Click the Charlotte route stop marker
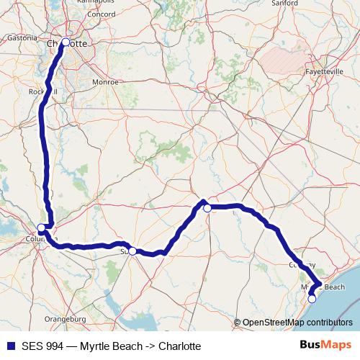[66, 42]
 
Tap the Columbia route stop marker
[41, 228]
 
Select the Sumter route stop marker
[132, 251]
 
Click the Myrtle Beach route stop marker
[312, 298]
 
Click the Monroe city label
[105, 83]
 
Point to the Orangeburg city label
[65, 318]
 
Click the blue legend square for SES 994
[8, 346]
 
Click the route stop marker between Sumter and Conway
[207, 208]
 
